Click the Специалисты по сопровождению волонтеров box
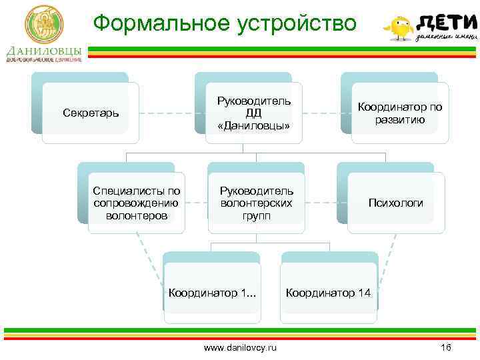(137, 203)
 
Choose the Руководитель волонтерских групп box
(257, 203)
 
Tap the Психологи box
(396, 203)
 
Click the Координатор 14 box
(329, 292)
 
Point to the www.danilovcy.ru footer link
(241, 347)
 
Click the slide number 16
(446, 347)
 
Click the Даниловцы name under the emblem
(44, 51)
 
